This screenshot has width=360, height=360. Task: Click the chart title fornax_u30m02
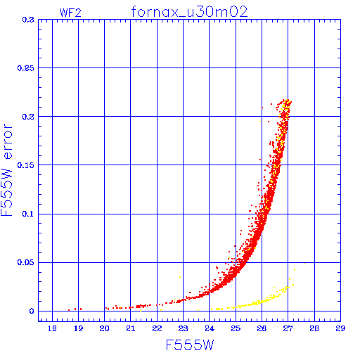189,12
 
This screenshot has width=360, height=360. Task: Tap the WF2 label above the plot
70,13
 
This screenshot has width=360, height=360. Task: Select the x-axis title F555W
190,345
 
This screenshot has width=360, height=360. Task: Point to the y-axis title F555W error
7,169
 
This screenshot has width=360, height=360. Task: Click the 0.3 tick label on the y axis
28,20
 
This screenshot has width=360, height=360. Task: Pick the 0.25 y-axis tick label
25,68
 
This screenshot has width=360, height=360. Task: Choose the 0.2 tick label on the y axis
28,117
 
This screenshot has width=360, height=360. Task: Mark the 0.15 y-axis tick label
25,165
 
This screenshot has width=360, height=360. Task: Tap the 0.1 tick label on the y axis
28,214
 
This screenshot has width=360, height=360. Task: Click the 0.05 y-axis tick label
25,262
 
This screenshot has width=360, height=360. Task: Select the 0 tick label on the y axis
32,311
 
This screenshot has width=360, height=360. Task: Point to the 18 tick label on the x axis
52,328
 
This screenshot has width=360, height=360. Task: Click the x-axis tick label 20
105,328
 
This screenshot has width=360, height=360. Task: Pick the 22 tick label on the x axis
157,328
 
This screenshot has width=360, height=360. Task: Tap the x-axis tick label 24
210,328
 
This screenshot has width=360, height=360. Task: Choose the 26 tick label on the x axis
262,328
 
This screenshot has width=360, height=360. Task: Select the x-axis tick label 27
288,328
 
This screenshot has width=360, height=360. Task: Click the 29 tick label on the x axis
340,328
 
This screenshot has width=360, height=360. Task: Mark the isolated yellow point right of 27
304,264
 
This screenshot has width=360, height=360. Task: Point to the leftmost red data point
69,310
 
